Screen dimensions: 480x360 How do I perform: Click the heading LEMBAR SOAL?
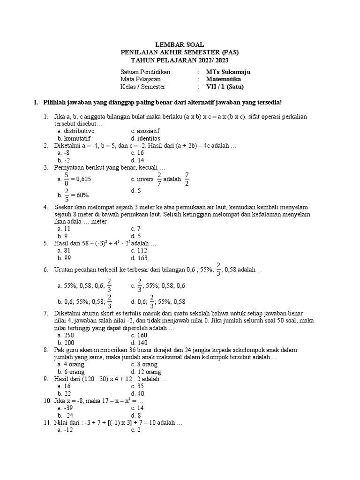coord(180,44)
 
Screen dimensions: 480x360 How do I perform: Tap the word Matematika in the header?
coord(223,79)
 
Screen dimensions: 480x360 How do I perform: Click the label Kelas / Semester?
coord(143,87)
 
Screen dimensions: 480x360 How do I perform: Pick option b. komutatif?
coord(74,139)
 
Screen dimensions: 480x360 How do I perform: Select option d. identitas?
coord(146,139)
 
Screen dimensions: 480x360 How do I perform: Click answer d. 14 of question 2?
coord(137,160)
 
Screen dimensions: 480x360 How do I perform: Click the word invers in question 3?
coord(145,179)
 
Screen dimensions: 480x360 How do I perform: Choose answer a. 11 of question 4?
coord(64,229)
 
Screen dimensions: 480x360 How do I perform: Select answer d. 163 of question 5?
coord(140,258)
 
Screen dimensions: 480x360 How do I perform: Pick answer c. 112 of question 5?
coord(139,250)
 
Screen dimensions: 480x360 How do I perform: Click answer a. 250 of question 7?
coord(65,335)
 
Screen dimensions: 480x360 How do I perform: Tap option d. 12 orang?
coord(146,372)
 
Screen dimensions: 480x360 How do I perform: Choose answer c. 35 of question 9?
coord(137,386)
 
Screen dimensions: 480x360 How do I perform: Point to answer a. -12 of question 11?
coord(65,430)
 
